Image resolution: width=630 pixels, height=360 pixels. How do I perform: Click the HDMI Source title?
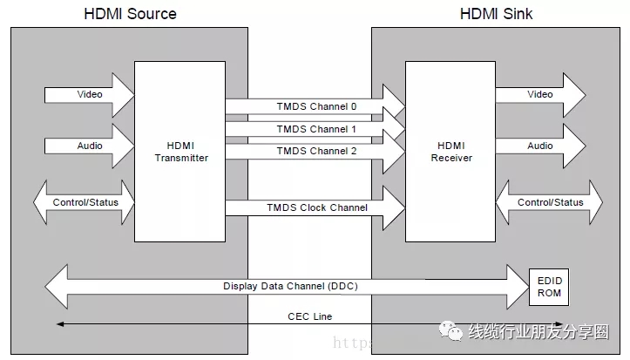tap(130, 13)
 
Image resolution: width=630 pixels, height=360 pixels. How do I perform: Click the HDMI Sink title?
tap(496, 13)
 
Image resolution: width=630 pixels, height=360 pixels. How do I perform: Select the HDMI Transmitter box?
tap(180, 152)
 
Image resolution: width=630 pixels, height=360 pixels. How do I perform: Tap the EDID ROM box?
tap(549, 287)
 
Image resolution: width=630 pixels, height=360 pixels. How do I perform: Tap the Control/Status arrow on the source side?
tap(85, 202)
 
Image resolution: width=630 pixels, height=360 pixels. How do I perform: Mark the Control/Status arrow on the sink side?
tap(550, 202)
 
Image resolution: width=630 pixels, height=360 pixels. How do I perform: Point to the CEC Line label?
tap(309, 316)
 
